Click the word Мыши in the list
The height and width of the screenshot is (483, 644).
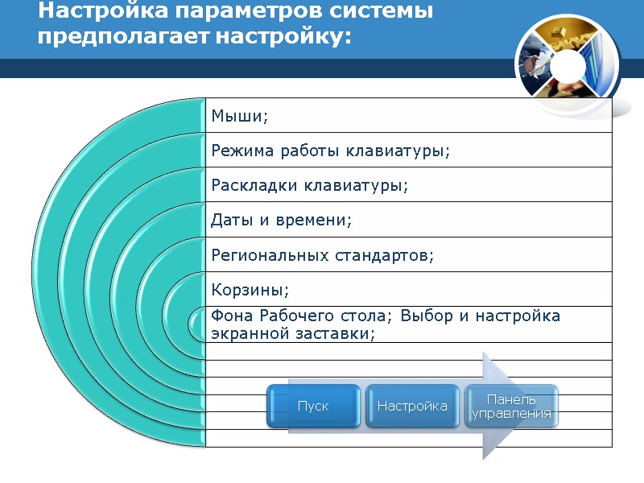pyautogui.click(x=237, y=117)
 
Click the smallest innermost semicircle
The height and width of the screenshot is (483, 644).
pyautogui.click(x=198, y=324)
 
